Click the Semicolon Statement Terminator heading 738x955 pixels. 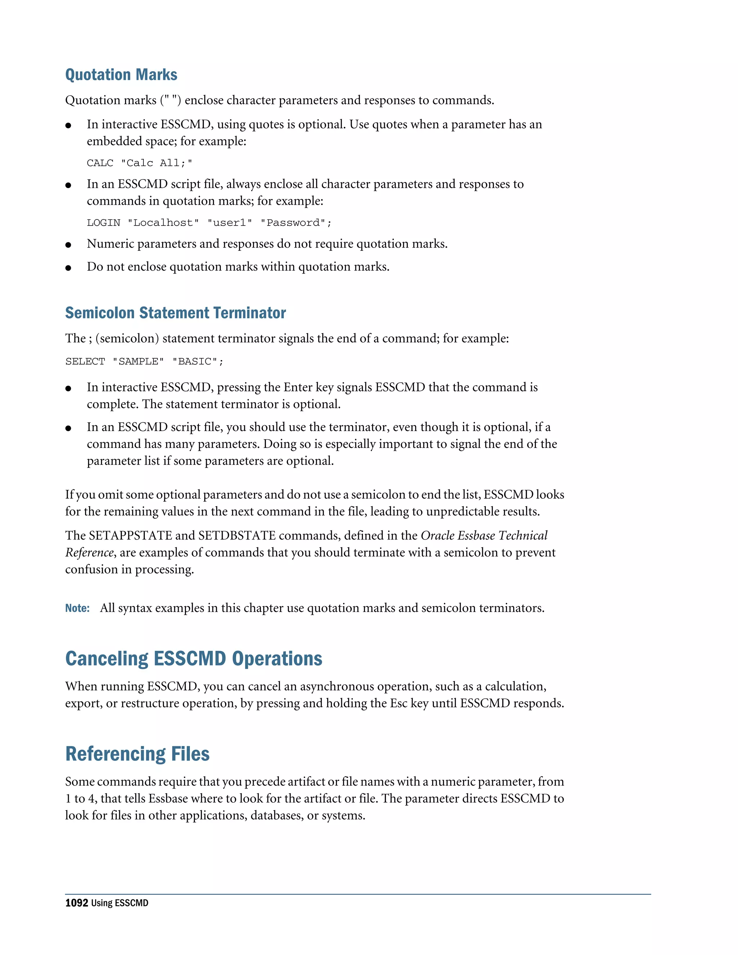[x=175, y=313]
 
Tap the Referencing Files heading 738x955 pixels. [x=137, y=754]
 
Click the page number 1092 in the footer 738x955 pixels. [x=76, y=903]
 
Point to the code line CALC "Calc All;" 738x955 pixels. [x=139, y=163]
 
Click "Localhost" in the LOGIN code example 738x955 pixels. [x=163, y=223]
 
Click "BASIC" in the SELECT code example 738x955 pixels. [x=195, y=361]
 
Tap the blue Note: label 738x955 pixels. [x=77, y=608]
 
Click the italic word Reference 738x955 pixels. [x=89, y=553]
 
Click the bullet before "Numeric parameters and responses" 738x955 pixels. [x=68, y=245]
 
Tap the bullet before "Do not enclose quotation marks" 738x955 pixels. [x=68, y=268]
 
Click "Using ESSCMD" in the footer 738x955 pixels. [x=119, y=903]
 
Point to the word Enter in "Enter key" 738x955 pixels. [x=297, y=387]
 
